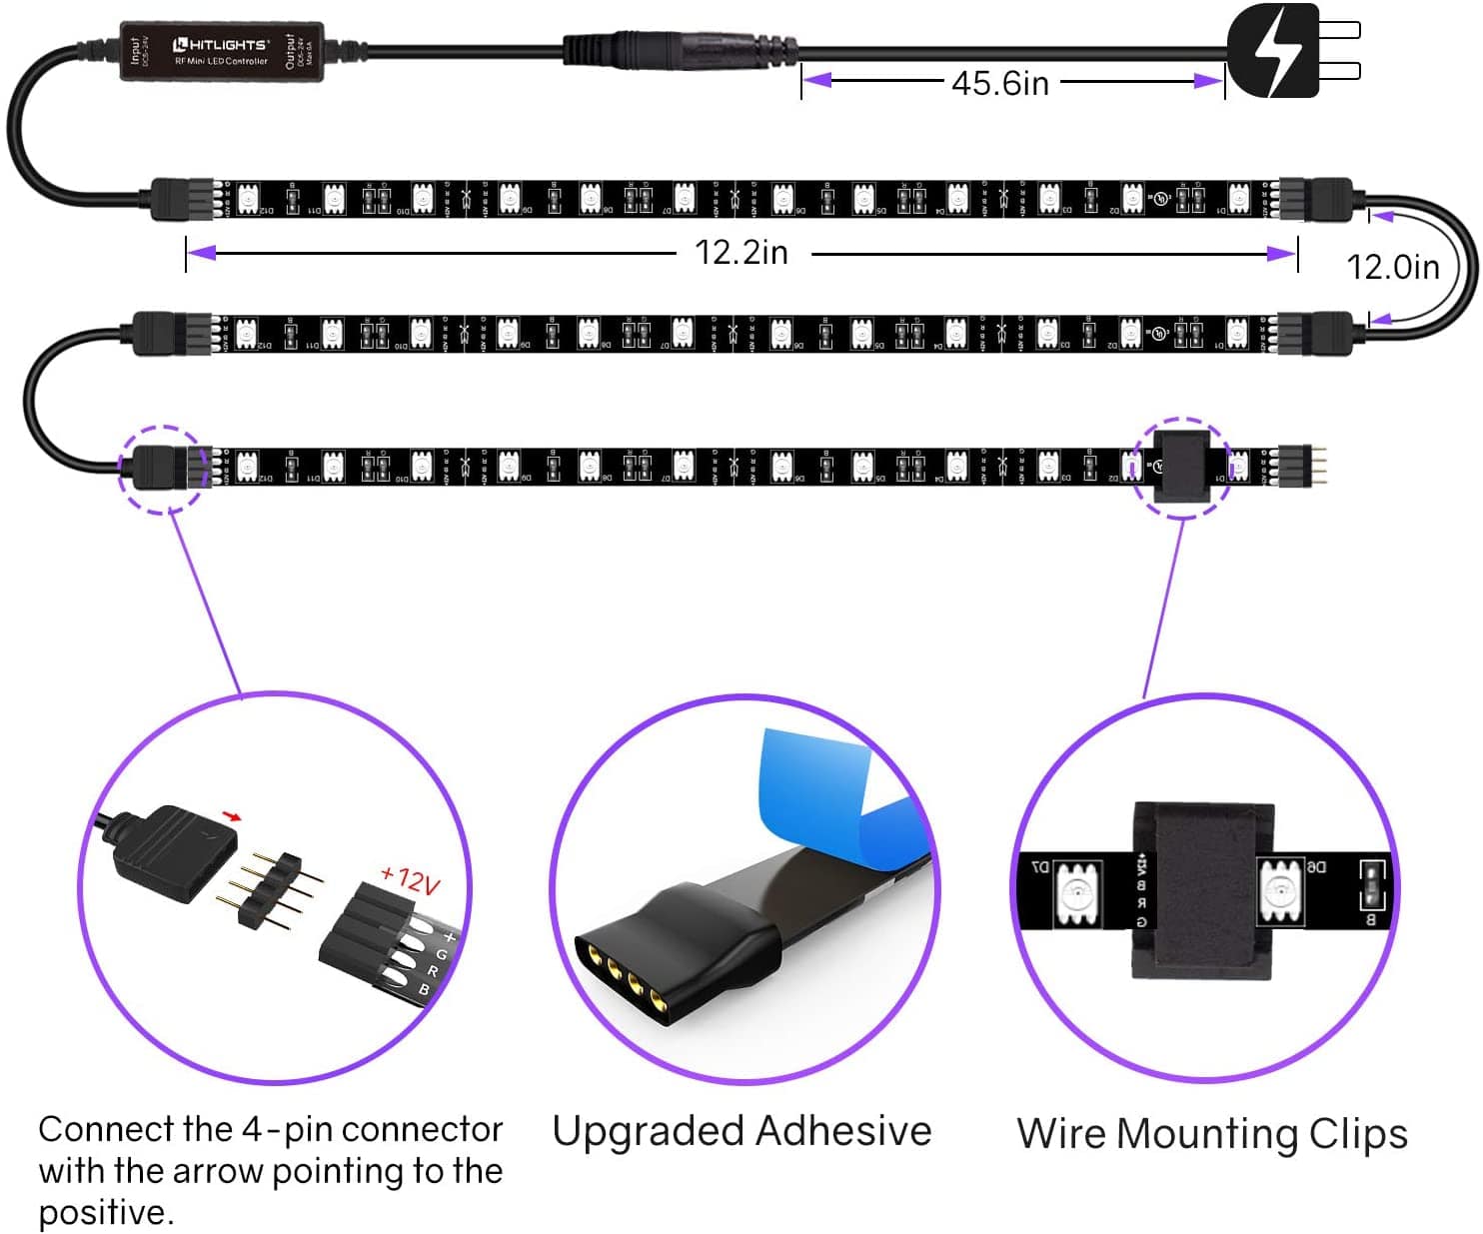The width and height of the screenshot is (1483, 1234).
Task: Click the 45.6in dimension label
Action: point(1000,83)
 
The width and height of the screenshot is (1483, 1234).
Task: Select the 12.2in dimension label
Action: point(741,252)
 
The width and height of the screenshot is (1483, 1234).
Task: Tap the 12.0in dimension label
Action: point(1392,267)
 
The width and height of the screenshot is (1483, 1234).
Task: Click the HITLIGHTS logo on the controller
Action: point(221,45)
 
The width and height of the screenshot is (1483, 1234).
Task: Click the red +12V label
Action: point(411,879)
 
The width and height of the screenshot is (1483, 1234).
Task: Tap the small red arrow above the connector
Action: point(232,816)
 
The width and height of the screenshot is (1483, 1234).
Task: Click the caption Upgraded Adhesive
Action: point(741,1131)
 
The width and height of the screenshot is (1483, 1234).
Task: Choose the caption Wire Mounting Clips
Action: point(1212,1134)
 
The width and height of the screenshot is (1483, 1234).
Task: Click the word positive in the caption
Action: point(105,1213)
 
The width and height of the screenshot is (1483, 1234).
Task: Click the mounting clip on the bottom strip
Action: point(1182,467)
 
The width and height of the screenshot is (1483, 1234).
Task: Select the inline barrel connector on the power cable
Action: point(680,50)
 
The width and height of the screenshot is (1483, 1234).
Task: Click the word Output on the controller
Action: point(291,51)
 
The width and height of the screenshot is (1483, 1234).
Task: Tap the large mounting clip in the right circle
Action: point(1203,889)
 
